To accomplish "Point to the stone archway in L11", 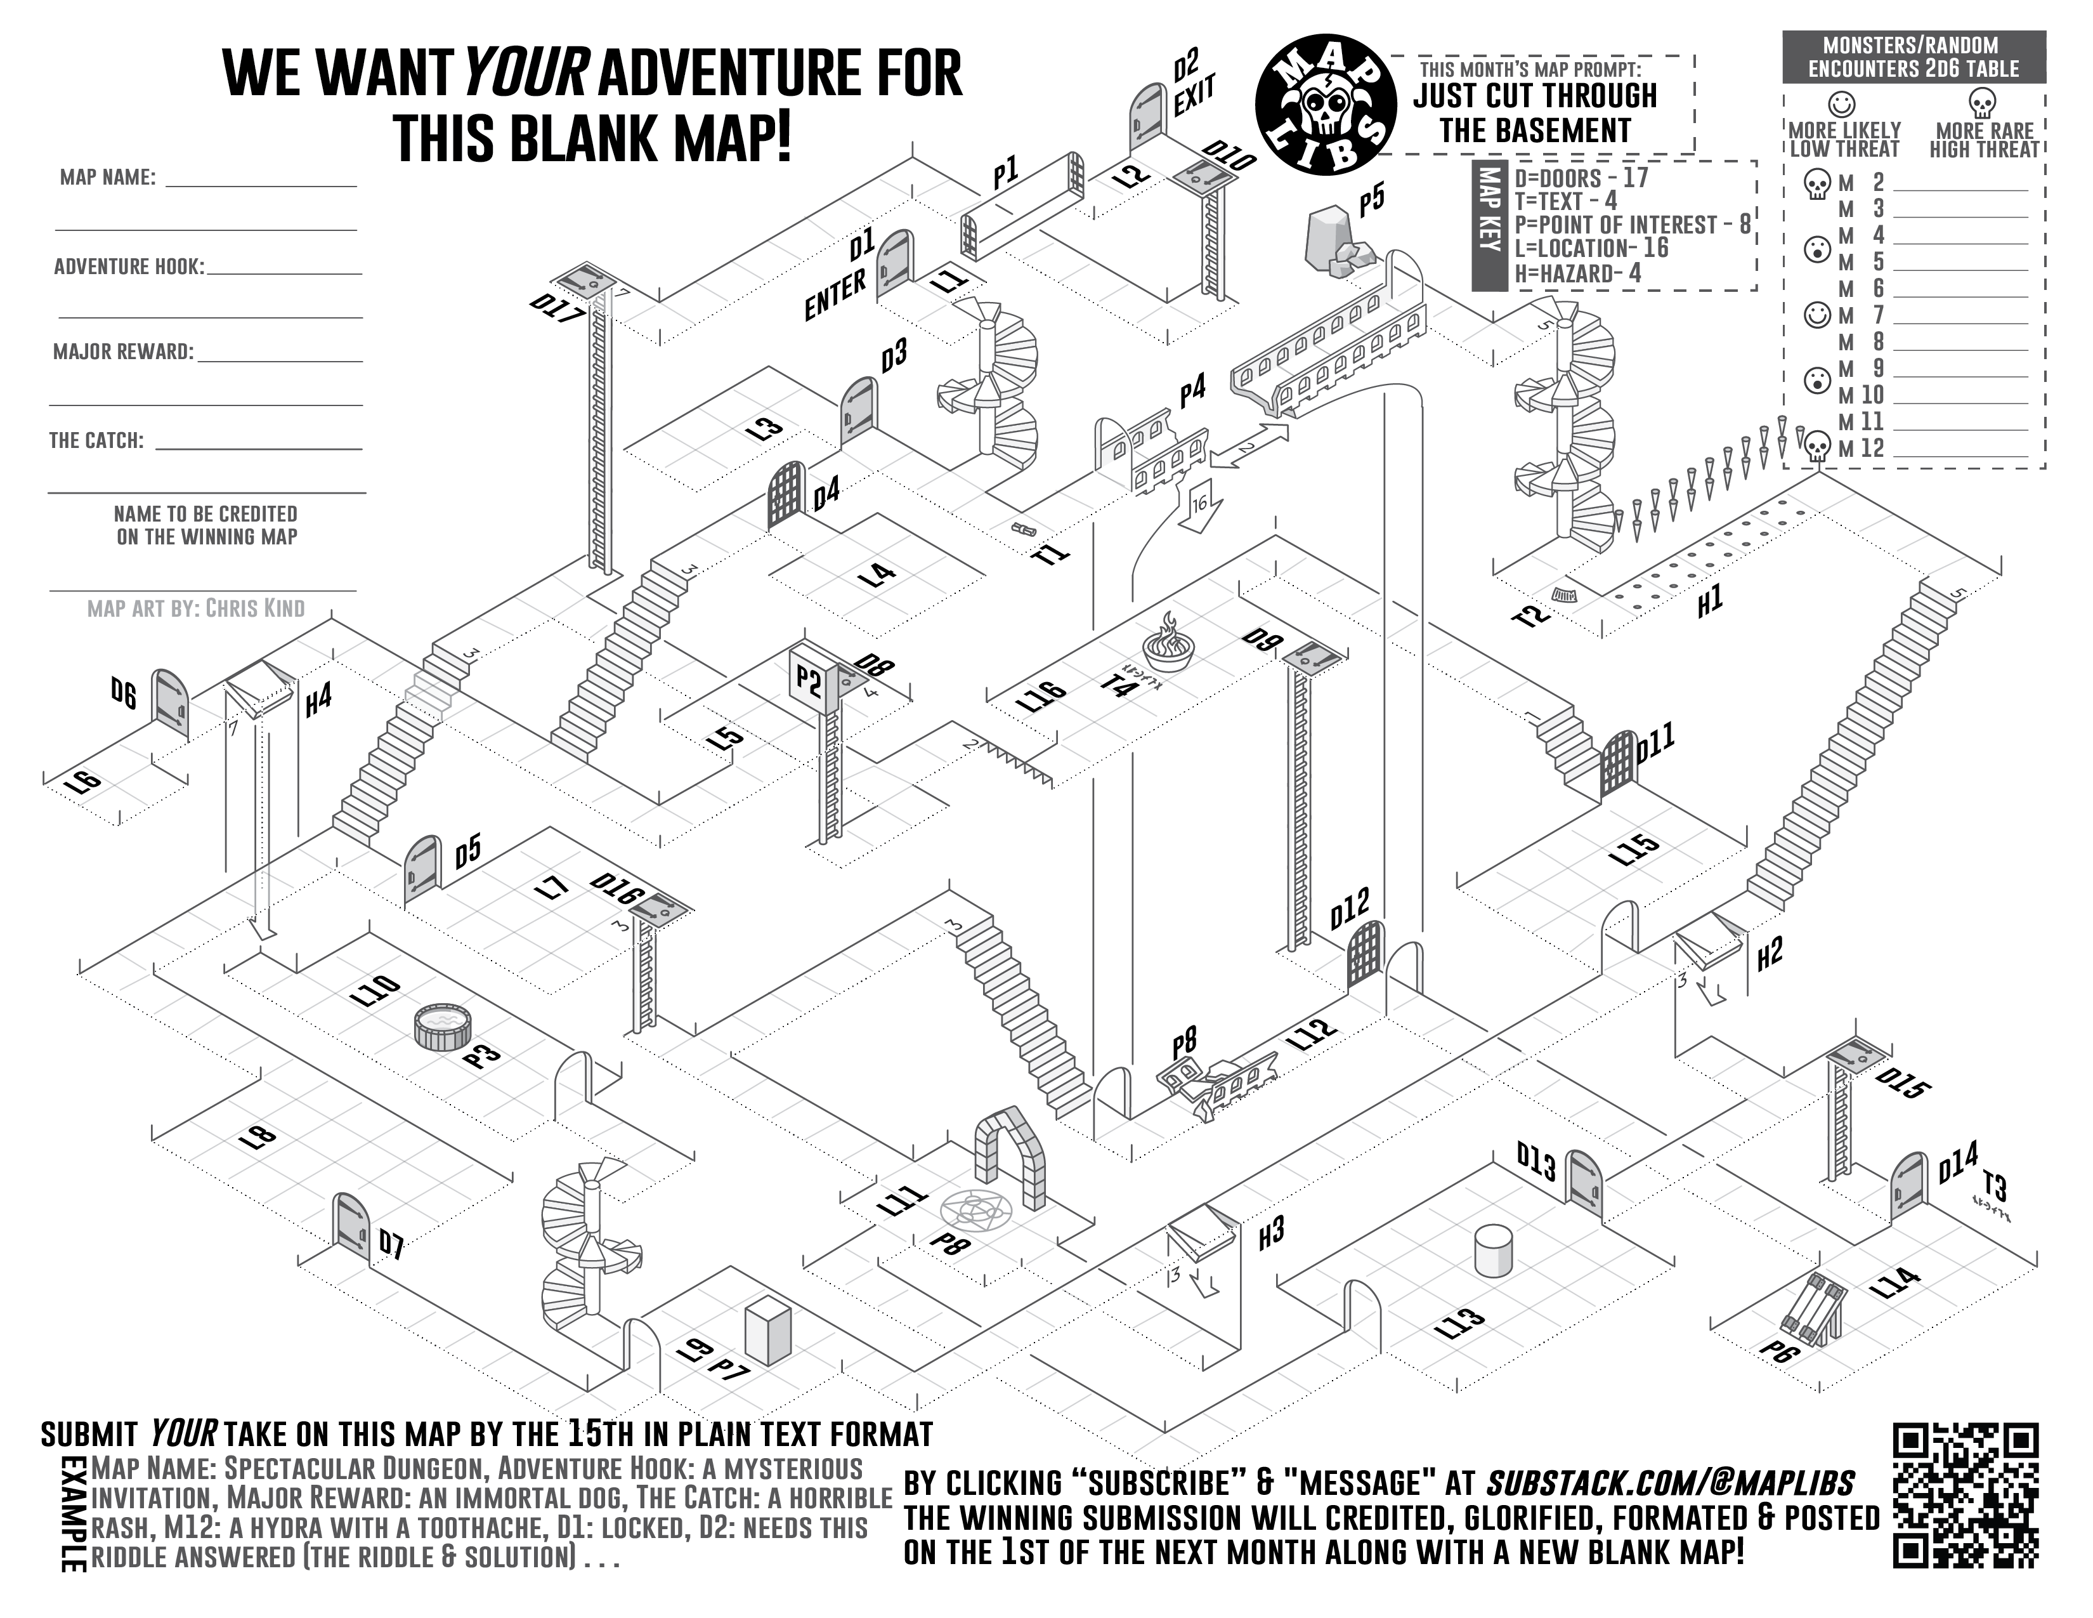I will (1009, 1157).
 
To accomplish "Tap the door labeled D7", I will (350, 1232).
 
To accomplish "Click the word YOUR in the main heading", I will (526, 73).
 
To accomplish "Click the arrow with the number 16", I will (1198, 508).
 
